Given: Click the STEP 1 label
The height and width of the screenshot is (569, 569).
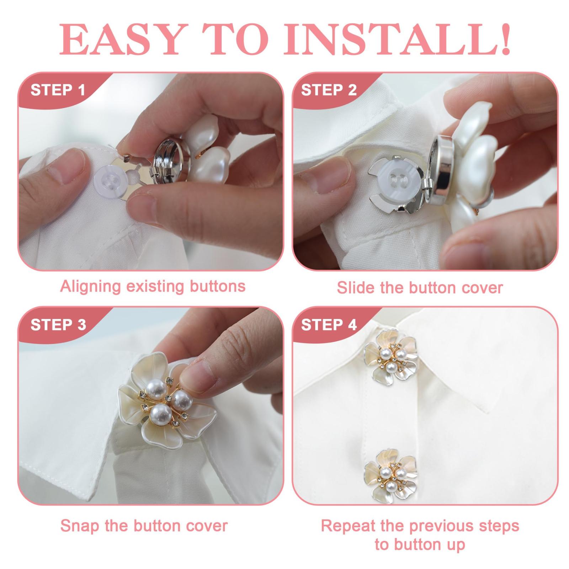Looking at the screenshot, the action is pos(58,90).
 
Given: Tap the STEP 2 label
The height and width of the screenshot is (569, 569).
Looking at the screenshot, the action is pos(329,90).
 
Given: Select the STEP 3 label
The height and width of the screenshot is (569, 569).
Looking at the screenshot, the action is pos(58,325).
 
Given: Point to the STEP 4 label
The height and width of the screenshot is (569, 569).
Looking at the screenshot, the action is pos(329,325).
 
